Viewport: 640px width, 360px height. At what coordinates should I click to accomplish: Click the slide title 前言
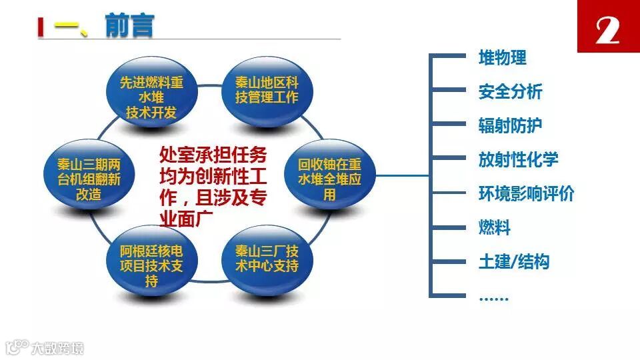pyautogui.click(x=129, y=26)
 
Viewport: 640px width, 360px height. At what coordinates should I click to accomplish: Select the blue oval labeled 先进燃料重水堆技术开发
pyautogui.click(x=151, y=97)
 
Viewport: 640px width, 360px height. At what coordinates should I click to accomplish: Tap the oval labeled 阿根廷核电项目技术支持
pyautogui.click(x=151, y=265)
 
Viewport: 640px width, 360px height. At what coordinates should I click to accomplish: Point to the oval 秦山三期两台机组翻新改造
pyautogui.click(x=88, y=179)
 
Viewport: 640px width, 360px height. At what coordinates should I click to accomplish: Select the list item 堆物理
pyautogui.click(x=502, y=58)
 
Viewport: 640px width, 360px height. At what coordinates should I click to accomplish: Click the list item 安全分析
pyautogui.click(x=510, y=92)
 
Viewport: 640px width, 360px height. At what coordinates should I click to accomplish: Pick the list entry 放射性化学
pyautogui.click(x=518, y=160)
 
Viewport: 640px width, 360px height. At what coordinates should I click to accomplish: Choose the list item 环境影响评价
pyautogui.click(x=526, y=194)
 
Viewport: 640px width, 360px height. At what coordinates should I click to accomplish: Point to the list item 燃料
pyautogui.click(x=494, y=228)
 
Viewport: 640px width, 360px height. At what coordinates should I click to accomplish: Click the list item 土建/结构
pyautogui.click(x=513, y=262)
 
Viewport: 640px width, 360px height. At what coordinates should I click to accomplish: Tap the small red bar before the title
pyautogui.click(x=41, y=27)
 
